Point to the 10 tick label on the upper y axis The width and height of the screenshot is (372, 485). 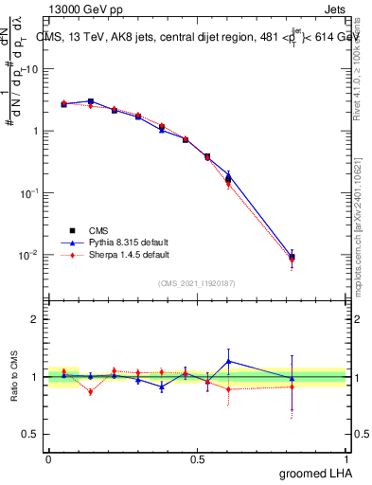(30, 69)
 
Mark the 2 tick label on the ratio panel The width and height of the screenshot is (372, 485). (35, 319)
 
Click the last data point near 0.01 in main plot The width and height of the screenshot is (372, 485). (292, 258)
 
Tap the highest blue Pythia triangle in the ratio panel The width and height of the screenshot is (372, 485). (228, 361)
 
